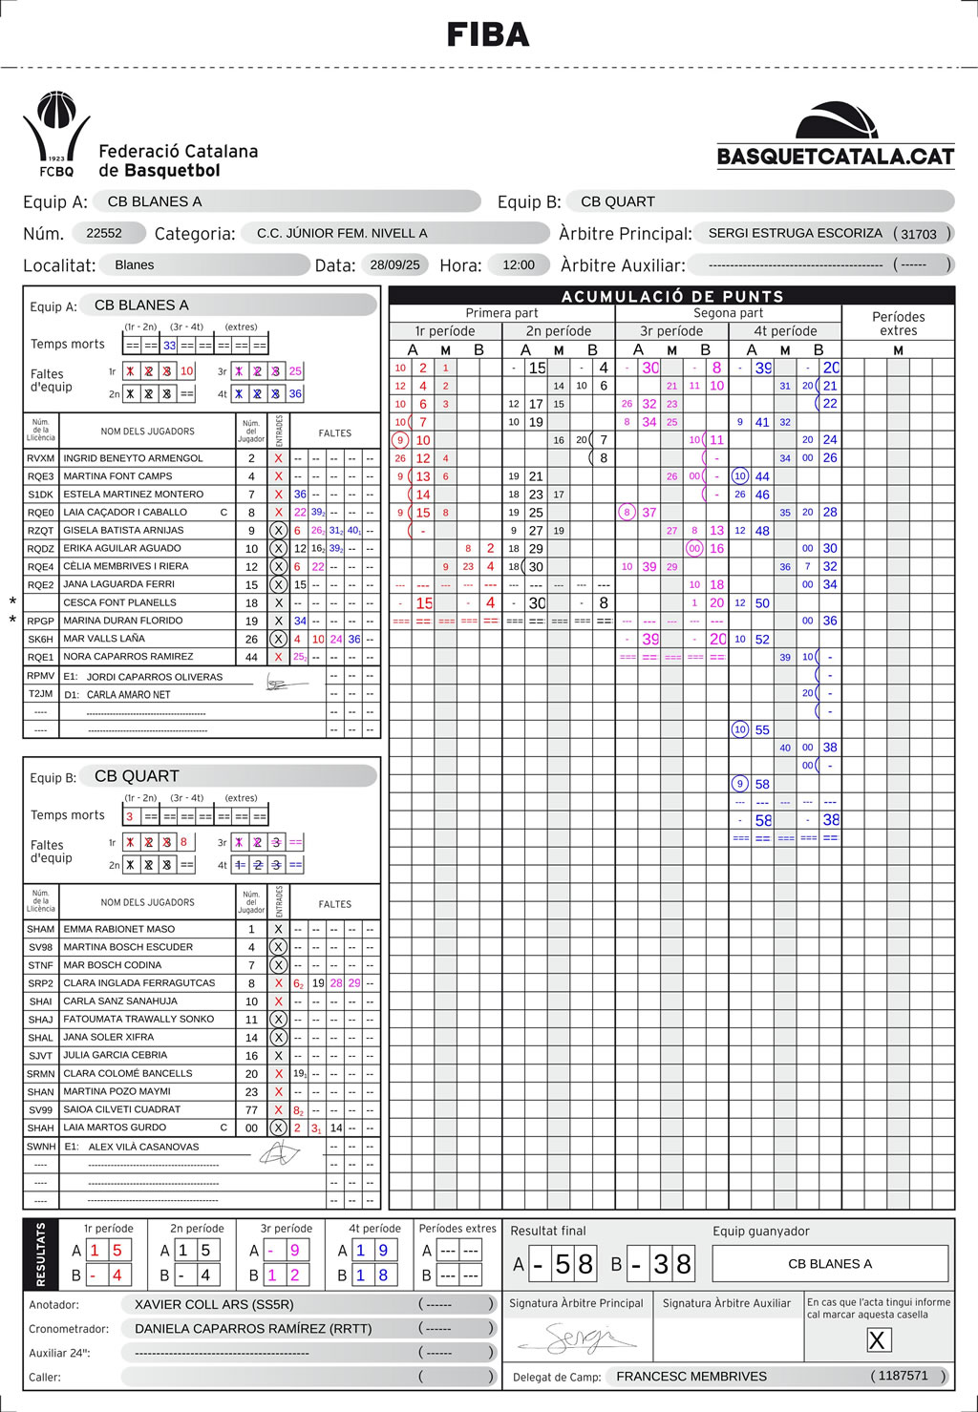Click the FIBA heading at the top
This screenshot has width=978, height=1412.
click(488, 35)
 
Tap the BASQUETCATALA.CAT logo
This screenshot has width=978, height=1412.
click(836, 137)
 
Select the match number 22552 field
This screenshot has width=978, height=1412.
click(104, 233)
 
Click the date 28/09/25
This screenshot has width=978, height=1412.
click(395, 264)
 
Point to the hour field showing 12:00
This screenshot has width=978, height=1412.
click(519, 264)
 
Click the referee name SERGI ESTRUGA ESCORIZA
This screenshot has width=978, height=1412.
click(795, 233)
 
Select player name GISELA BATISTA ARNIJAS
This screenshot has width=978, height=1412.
click(123, 530)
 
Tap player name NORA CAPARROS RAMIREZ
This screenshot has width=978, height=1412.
click(128, 657)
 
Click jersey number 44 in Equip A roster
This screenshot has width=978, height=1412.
click(252, 657)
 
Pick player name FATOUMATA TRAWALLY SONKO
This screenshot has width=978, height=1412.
click(138, 1019)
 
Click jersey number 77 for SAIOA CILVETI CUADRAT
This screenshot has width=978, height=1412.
click(252, 1109)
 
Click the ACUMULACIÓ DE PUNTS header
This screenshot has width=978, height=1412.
click(671, 296)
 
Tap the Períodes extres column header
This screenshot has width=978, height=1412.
click(898, 323)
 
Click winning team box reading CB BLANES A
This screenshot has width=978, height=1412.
click(829, 1263)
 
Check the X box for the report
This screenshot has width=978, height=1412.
click(877, 1339)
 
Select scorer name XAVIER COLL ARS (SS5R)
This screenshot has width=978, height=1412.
click(214, 1304)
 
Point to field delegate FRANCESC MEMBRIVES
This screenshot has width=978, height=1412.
click(691, 1376)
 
